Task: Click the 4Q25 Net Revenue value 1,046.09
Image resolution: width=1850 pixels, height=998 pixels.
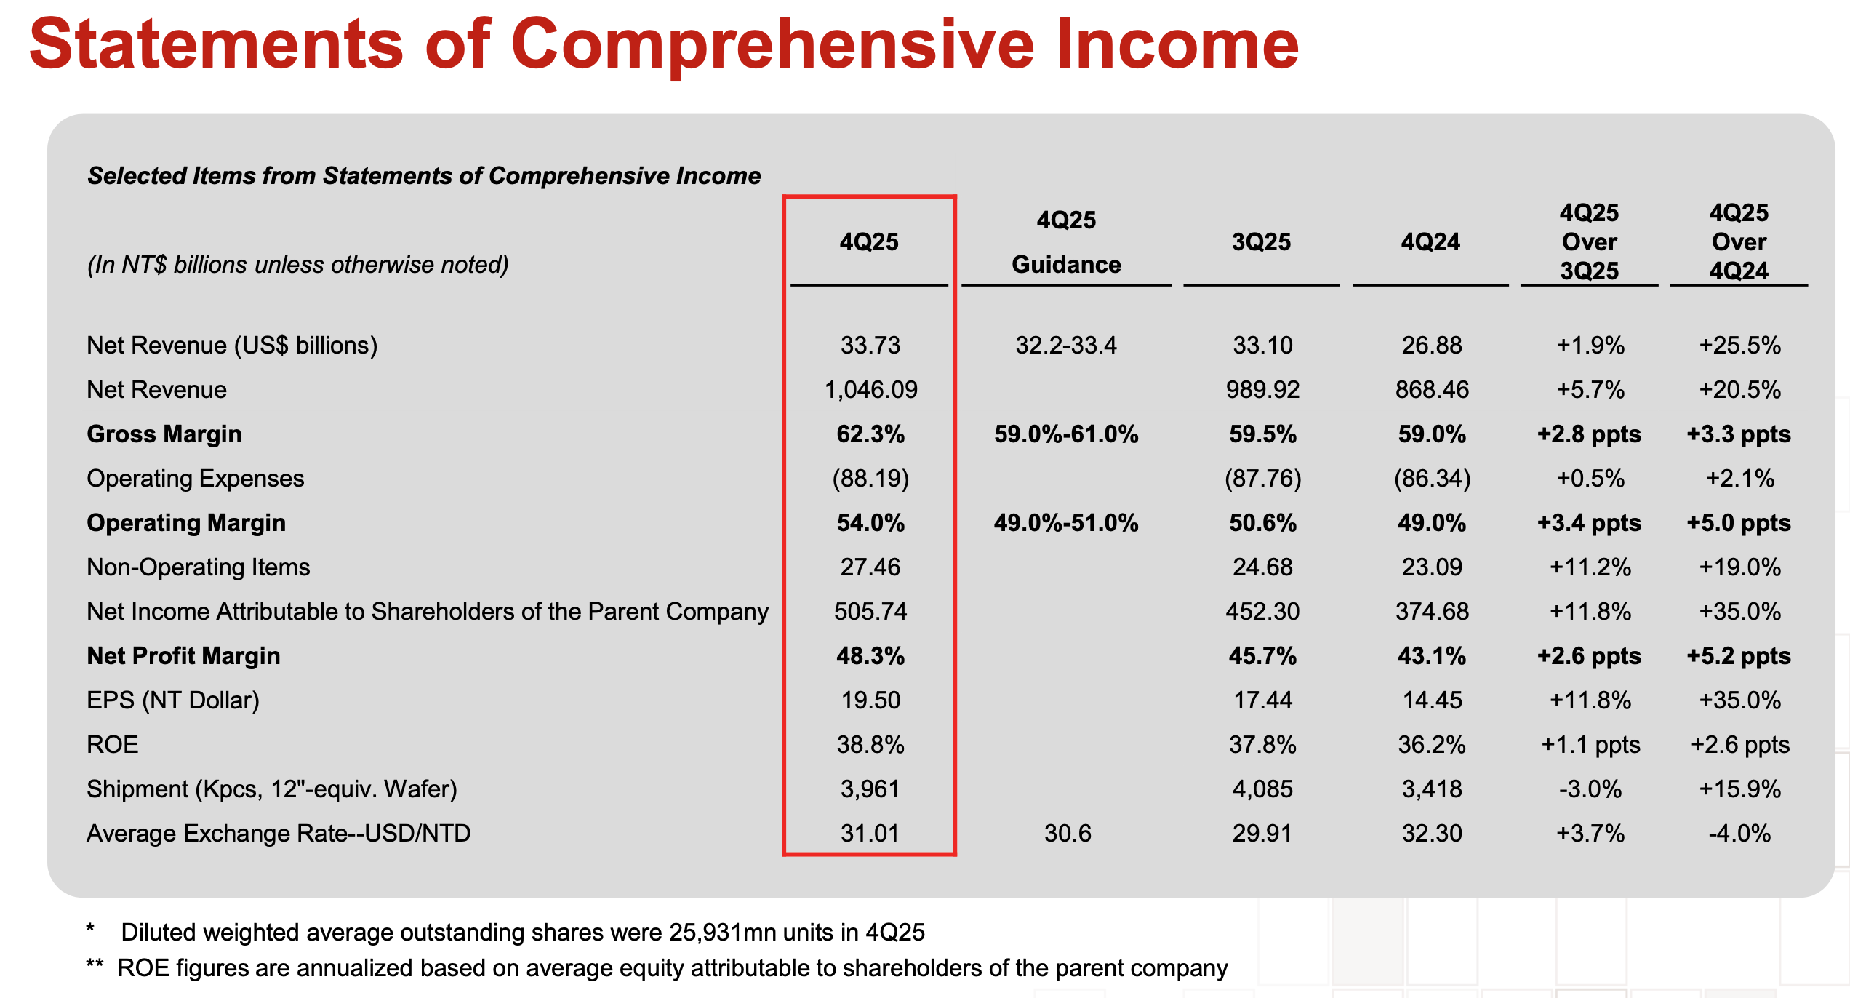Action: pos(870,390)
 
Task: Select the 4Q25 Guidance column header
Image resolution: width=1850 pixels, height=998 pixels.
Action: pos(1066,242)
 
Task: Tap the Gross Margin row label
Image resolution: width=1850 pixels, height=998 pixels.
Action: pos(164,434)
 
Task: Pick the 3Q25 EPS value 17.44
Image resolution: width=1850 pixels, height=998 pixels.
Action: pos(1262,700)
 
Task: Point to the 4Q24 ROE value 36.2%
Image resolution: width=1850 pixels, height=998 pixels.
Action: pos(1431,745)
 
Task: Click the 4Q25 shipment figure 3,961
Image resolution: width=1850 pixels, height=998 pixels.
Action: pos(870,789)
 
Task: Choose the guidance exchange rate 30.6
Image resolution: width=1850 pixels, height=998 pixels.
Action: pos(1068,834)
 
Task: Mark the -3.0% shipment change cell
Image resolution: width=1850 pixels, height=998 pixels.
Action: pos(1590,789)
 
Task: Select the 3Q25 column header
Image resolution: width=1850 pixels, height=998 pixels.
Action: pos(1261,242)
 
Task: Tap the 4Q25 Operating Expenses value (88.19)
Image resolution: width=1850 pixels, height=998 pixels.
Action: pos(870,479)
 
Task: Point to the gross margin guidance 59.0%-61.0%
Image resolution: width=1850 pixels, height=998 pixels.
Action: pos(1066,434)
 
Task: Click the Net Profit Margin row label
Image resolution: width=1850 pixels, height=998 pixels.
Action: pos(183,656)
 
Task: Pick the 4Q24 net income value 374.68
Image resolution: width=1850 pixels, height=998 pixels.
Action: pos(1431,612)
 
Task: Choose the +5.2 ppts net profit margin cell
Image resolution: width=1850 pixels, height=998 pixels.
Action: pos(1739,656)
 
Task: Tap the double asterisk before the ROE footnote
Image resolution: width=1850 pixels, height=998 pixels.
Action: pos(95,965)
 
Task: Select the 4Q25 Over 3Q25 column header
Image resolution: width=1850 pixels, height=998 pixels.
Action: pos(1590,242)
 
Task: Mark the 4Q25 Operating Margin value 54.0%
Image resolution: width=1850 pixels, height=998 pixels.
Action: pos(870,523)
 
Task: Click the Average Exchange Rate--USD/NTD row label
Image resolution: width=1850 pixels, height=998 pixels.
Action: pos(279,834)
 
